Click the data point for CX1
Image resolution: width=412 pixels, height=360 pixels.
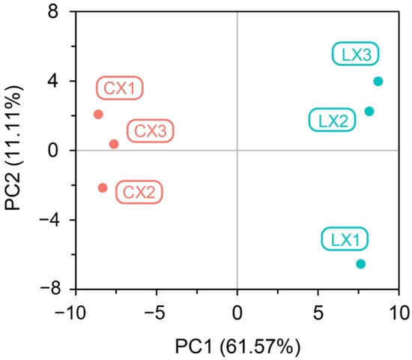98,115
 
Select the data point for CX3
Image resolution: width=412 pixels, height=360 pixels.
114,144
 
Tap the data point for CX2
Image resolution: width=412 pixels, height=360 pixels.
103,187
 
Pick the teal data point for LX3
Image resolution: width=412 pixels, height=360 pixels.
378,81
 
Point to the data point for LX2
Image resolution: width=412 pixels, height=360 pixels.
369,111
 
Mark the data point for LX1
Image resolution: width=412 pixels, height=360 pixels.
361,264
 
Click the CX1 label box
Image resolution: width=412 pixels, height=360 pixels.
120,88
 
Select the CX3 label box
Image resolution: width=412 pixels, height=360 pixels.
151,131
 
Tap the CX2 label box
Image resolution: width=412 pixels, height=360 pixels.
139,192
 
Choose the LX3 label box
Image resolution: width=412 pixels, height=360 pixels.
356,54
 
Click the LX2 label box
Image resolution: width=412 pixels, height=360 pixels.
333,120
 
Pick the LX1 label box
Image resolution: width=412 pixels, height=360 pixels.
345,238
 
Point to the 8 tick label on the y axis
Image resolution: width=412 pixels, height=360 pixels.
53,12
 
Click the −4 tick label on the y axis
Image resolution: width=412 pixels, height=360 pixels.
49,220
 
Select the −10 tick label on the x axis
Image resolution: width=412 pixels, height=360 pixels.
70,313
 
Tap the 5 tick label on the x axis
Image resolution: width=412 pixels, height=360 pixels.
318,313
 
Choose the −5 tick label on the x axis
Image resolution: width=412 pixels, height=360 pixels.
155,313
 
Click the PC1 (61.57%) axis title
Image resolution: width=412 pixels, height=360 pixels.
237,346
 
